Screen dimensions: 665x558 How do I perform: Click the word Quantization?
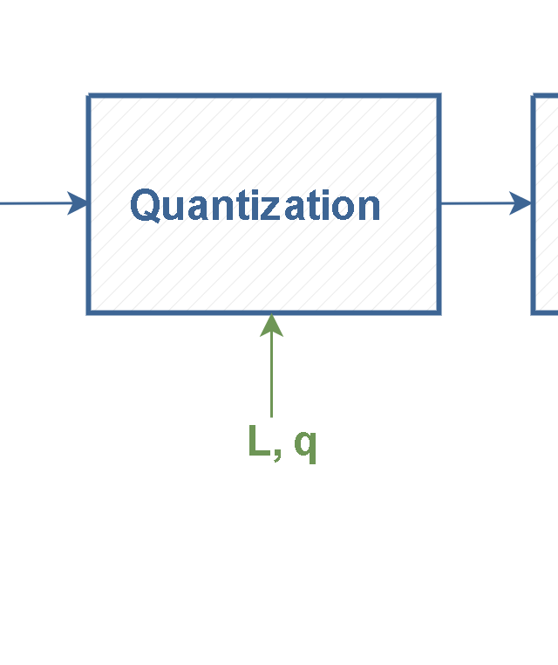click(x=255, y=206)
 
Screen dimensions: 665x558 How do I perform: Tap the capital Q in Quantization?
click(x=146, y=206)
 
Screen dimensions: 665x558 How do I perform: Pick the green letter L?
click(x=258, y=442)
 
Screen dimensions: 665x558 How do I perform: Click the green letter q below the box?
click(x=304, y=445)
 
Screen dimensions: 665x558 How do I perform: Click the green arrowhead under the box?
click(x=271, y=326)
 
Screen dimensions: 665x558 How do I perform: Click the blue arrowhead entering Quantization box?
click(x=79, y=203)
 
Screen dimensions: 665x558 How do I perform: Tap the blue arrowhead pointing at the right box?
click(x=521, y=203)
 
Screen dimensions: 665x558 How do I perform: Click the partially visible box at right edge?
click(x=546, y=204)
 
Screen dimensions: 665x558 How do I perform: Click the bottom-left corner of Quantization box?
click(x=88, y=312)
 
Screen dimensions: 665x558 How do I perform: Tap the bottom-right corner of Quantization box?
click(x=439, y=312)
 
